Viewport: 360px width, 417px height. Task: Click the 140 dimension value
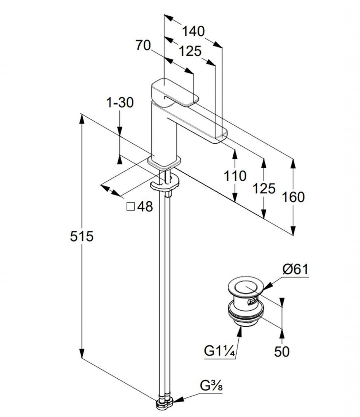(x=193, y=31)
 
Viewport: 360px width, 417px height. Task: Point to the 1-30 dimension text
(x=120, y=103)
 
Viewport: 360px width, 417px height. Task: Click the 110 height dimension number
(x=235, y=176)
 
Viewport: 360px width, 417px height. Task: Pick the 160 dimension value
(x=293, y=197)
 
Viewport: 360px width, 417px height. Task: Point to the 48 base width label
(x=145, y=207)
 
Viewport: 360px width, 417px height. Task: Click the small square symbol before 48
(x=131, y=207)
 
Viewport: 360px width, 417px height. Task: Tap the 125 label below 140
(x=190, y=51)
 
